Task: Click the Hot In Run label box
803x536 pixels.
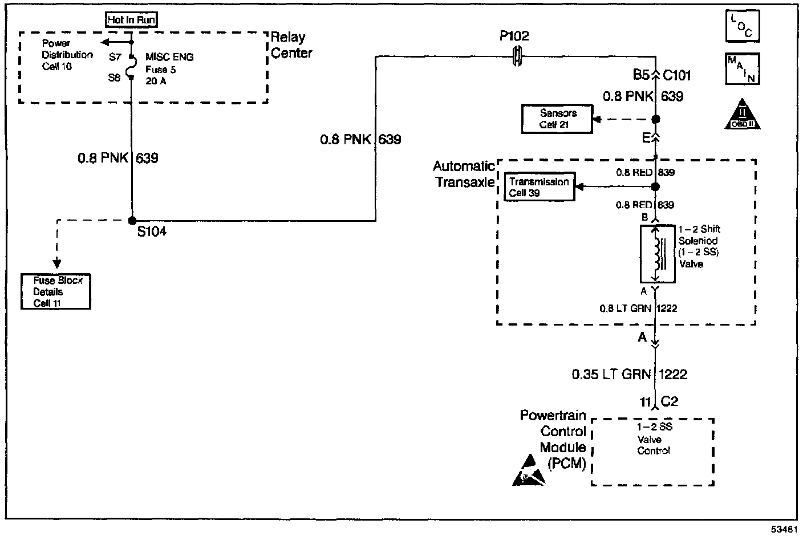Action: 131,20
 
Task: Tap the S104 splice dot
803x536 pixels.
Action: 132,221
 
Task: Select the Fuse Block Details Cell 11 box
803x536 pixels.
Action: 56,291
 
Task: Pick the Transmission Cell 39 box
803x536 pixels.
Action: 539,187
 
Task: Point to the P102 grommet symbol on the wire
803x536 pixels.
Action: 517,56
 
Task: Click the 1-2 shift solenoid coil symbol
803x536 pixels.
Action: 656,254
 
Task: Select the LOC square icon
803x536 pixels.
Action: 742,26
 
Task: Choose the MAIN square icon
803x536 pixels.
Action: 742,69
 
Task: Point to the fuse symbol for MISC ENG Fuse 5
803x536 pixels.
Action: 132,67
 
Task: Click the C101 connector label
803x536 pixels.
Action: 677,75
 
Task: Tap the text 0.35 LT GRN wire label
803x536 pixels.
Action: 611,374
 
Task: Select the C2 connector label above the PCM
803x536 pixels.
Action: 670,402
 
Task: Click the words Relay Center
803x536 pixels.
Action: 291,45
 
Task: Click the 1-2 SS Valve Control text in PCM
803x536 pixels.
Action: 654,438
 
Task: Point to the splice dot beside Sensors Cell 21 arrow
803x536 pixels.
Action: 656,119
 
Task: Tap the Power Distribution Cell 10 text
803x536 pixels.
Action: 67,55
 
